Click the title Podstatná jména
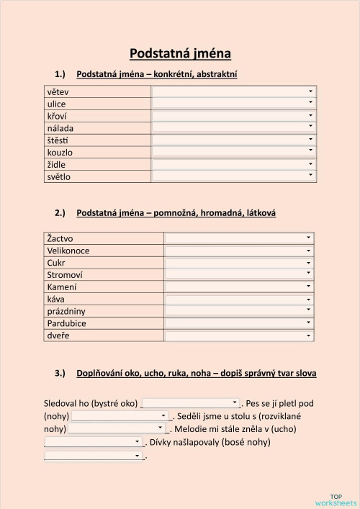pos(181,53)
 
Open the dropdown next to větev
pos(234,91)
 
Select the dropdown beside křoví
pos(234,116)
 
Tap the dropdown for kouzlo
pos(234,152)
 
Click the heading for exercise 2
pos(176,213)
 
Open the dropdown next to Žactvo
pos(240,238)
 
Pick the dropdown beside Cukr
pos(240,263)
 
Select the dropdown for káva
pos(240,299)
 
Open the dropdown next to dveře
pos(240,336)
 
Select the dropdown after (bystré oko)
pos(191,403)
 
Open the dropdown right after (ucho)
pos(94,441)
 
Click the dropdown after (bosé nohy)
pos(94,456)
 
